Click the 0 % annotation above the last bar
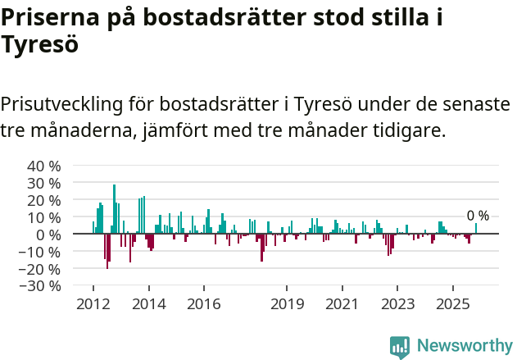478,216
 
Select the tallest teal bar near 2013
114,209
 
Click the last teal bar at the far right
476,229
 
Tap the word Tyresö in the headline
39,45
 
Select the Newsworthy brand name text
464,346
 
